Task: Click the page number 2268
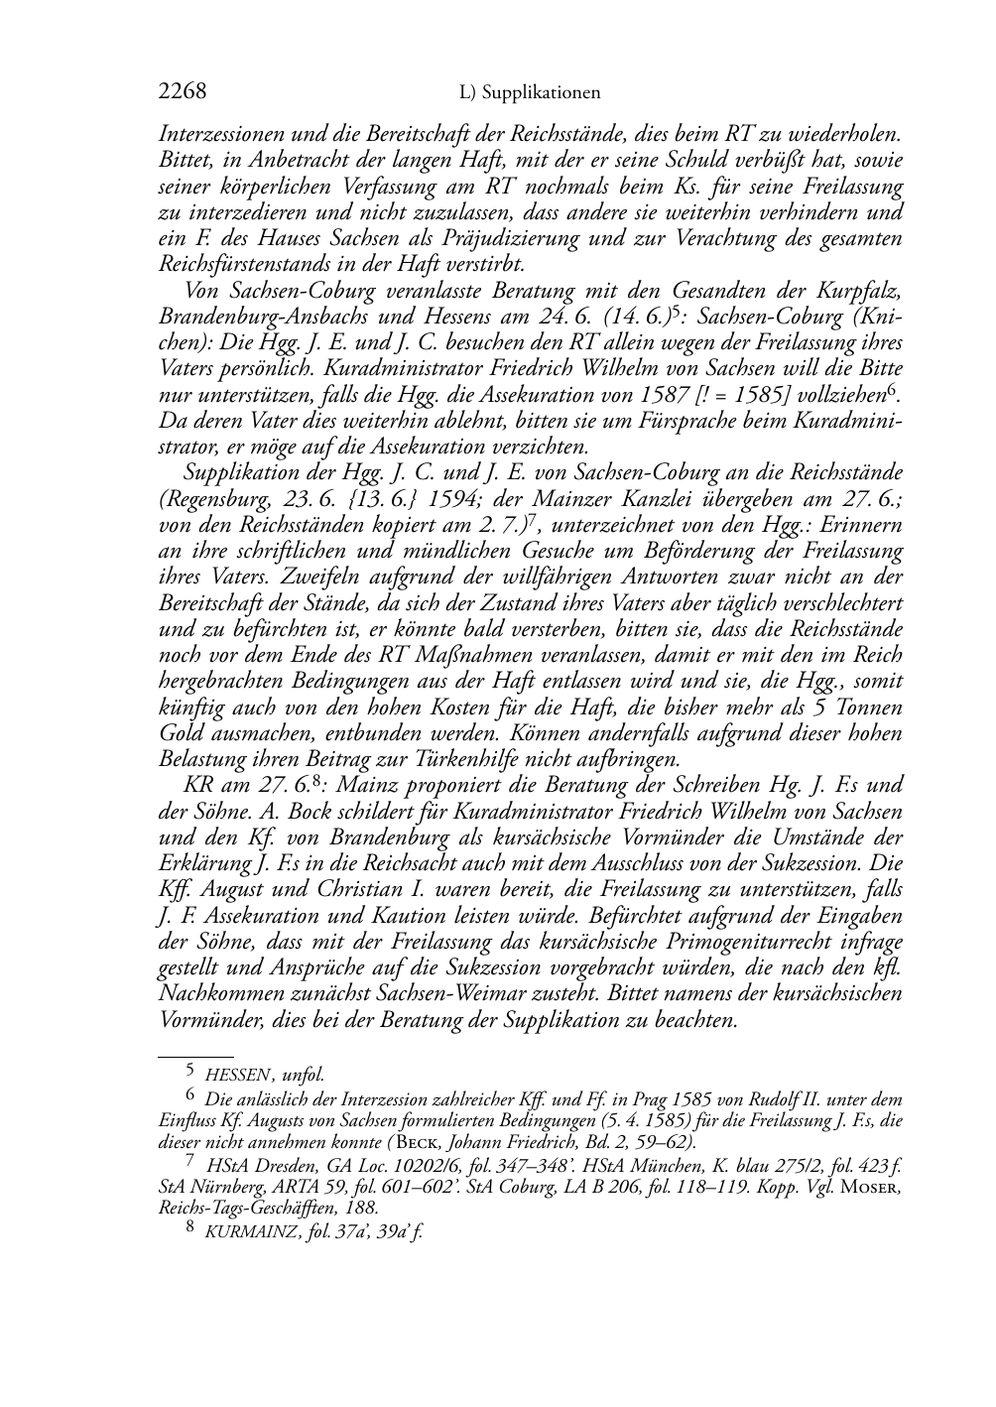click(183, 92)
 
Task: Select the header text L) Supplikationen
click(531, 93)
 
